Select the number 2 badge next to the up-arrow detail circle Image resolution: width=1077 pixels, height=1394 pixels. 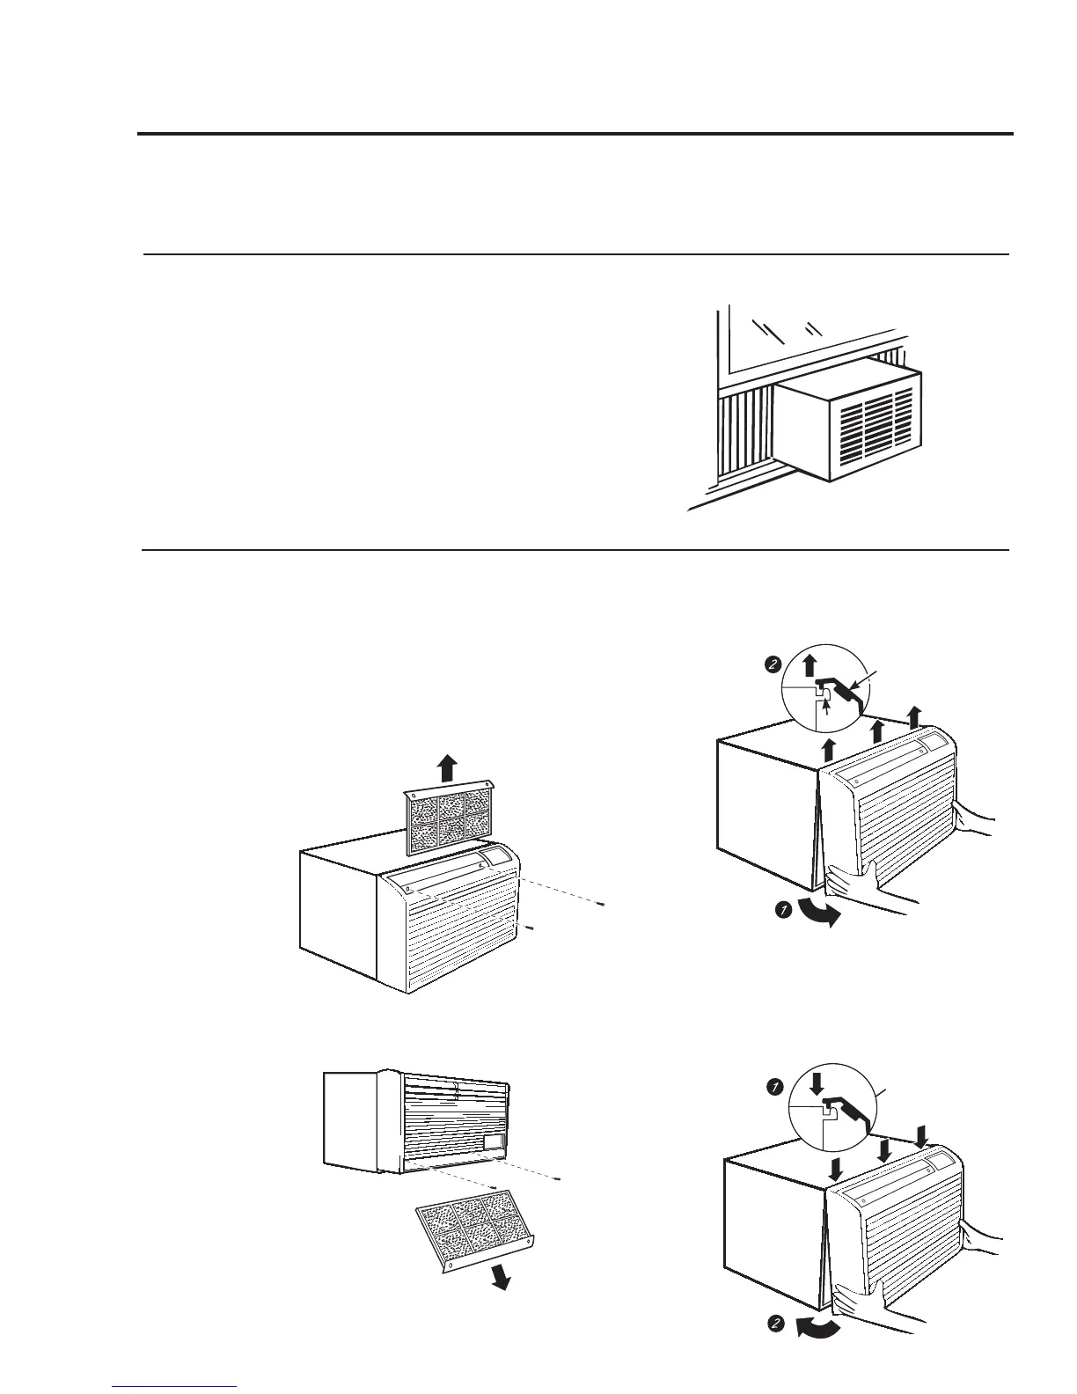(770, 665)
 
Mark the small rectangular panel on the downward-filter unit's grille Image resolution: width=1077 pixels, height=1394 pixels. (494, 1141)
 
